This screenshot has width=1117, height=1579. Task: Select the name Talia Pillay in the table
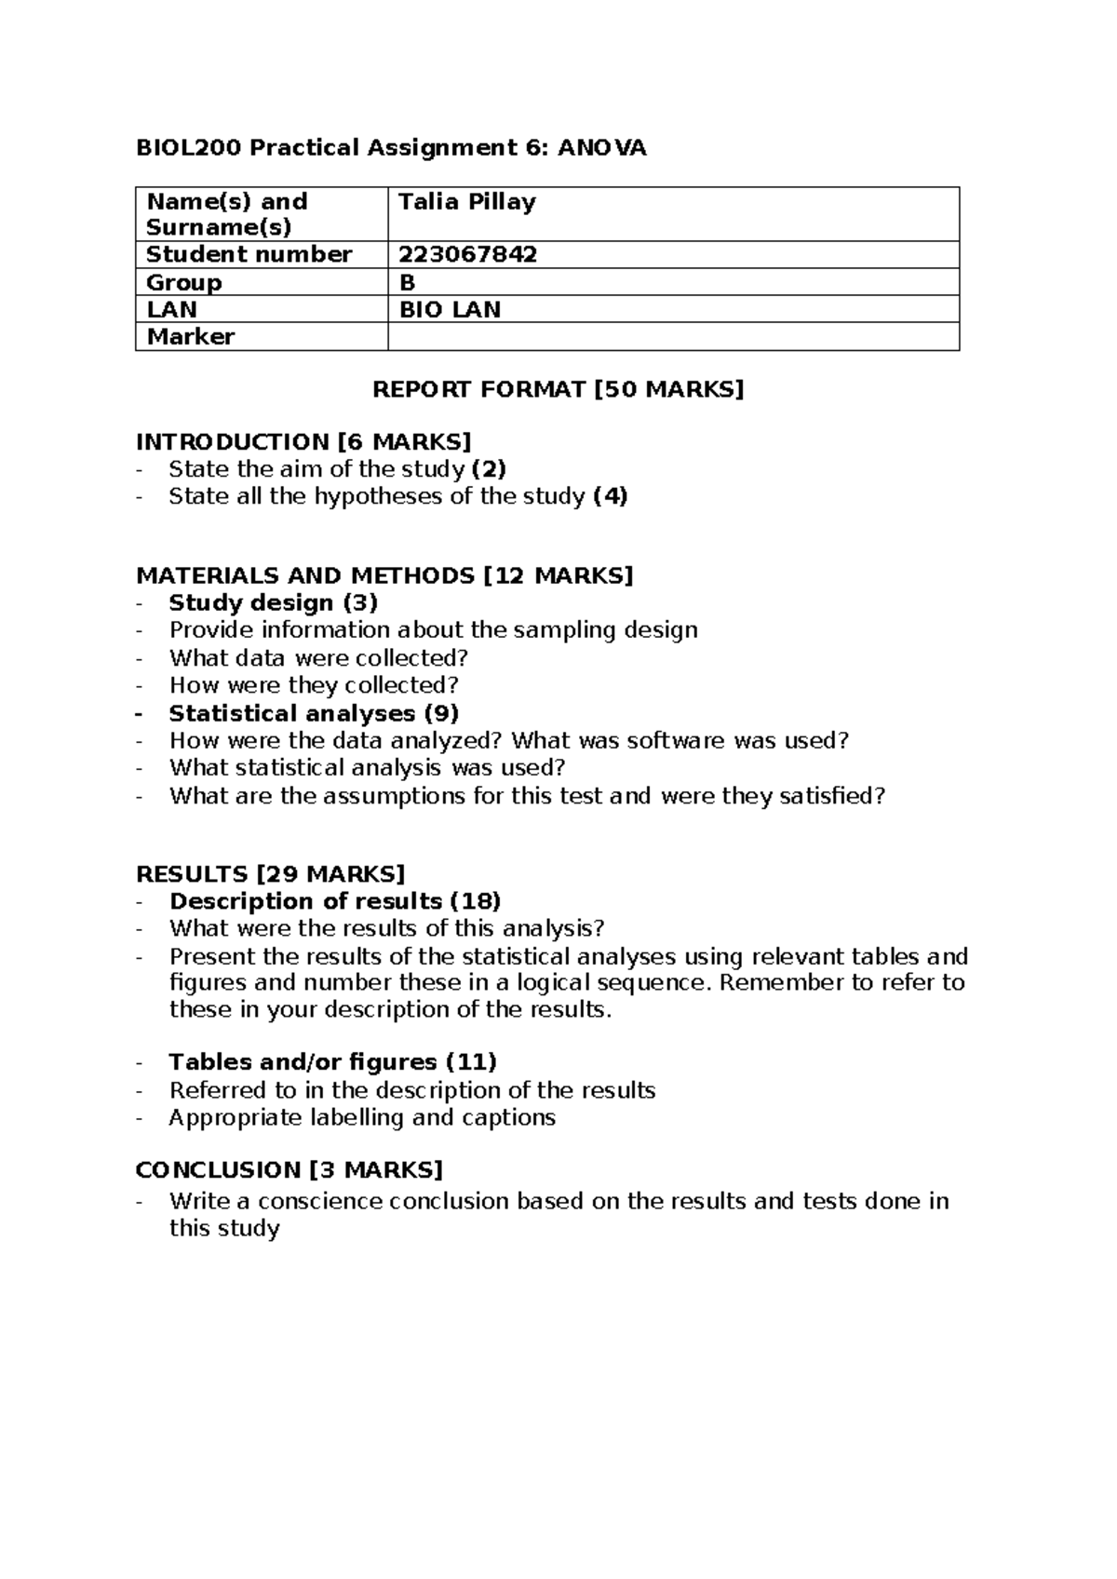pyautogui.click(x=466, y=202)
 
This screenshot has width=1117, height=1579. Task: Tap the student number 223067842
pyautogui.click(x=467, y=254)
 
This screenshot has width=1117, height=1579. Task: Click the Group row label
pyautogui.click(x=184, y=282)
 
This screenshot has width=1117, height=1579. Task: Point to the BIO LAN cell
pyautogui.click(x=450, y=309)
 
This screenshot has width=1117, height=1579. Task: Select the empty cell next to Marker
pyautogui.click(x=672, y=336)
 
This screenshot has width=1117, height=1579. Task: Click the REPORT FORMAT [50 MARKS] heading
pyautogui.click(x=558, y=389)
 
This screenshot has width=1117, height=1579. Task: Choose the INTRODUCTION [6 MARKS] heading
pyautogui.click(x=303, y=441)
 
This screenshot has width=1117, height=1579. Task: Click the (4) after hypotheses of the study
pyautogui.click(x=611, y=496)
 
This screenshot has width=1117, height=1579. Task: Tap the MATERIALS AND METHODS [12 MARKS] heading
pyautogui.click(x=384, y=575)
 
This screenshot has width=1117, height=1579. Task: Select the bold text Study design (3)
pyautogui.click(x=273, y=602)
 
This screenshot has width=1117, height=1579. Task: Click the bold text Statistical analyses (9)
pyautogui.click(x=314, y=713)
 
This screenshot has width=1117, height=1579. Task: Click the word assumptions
pyautogui.click(x=395, y=796)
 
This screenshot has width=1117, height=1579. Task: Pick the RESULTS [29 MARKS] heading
pyautogui.click(x=270, y=873)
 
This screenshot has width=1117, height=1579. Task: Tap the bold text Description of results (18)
pyautogui.click(x=335, y=901)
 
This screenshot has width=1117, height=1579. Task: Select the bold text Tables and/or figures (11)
pyautogui.click(x=332, y=1062)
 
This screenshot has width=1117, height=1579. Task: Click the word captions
pyautogui.click(x=509, y=1117)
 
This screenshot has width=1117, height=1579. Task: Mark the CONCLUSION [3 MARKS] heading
pyautogui.click(x=289, y=1169)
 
